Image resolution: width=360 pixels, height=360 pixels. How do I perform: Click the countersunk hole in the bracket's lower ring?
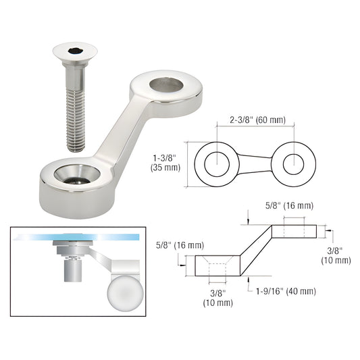[x=76, y=173]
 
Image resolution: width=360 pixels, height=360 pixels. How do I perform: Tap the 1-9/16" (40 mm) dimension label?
[x=284, y=291]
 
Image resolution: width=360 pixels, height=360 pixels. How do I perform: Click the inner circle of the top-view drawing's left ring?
[x=216, y=163]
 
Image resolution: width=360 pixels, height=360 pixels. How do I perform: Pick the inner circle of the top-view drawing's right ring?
[x=294, y=163]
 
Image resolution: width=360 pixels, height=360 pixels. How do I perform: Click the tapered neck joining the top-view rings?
[x=255, y=163]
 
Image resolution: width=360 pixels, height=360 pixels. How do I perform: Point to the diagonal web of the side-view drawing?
[x=255, y=250]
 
